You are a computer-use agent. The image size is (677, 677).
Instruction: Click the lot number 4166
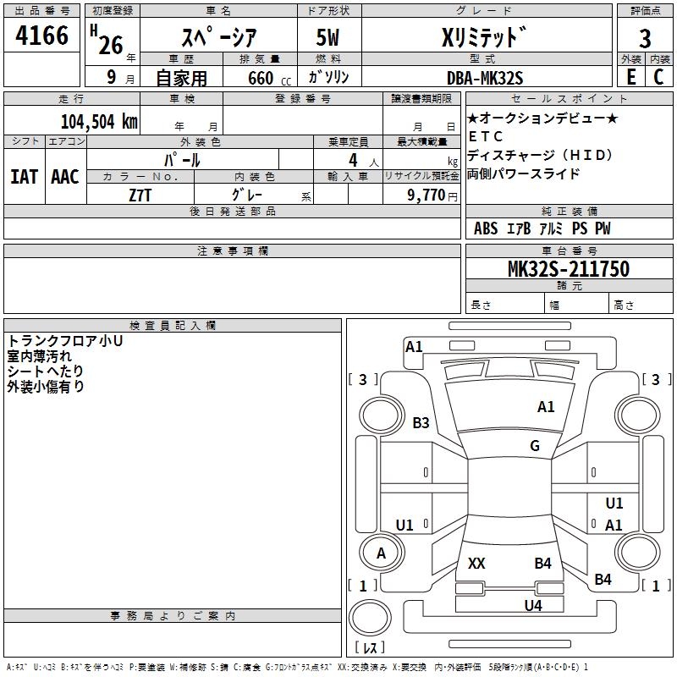coord(43,36)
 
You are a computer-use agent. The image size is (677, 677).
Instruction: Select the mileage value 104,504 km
coord(98,120)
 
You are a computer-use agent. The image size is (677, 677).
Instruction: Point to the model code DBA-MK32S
coord(485,78)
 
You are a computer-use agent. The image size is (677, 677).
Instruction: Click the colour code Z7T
coord(140,195)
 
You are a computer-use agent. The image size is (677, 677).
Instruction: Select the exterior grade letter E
coord(630,77)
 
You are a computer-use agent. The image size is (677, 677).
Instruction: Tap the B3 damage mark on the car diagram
coord(421,422)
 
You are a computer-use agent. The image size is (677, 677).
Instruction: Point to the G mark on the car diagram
coord(535,446)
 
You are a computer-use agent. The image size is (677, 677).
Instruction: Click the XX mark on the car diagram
coord(476,563)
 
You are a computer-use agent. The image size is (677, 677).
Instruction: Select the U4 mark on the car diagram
coord(532,605)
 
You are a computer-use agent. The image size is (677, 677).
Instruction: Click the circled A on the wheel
coord(381,553)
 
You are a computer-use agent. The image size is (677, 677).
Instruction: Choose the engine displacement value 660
coord(260,78)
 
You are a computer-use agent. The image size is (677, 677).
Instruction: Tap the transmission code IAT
coord(24,177)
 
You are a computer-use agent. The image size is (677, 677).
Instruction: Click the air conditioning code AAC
coord(64,177)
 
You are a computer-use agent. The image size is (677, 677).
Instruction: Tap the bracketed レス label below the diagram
coord(369,647)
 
